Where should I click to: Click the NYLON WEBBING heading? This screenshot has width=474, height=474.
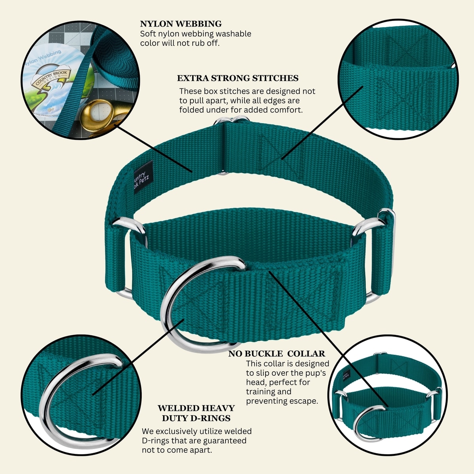pyautogui.click(x=181, y=24)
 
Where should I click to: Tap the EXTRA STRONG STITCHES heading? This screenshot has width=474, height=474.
pyautogui.click(x=237, y=78)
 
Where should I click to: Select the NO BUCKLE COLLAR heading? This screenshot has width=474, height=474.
pyautogui.click(x=276, y=354)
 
